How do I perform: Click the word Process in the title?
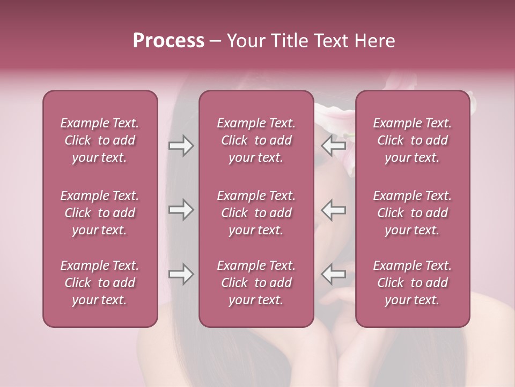coord(168,41)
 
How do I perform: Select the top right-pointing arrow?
coord(181,146)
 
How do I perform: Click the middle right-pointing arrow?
coord(181,210)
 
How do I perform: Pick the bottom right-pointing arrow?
coord(181,274)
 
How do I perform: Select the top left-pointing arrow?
coord(334,146)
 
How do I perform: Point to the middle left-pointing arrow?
coord(334,210)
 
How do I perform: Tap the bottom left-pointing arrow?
coord(334,274)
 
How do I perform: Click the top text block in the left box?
coord(100,140)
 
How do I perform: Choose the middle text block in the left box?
coord(100,213)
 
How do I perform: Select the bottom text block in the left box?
coord(100,283)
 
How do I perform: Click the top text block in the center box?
coord(256,140)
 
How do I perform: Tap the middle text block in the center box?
coord(256,213)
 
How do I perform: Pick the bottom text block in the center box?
coord(256,283)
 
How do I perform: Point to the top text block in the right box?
coord(412,140)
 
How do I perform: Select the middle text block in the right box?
coord(412,213)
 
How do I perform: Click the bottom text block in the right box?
coord(412,283)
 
